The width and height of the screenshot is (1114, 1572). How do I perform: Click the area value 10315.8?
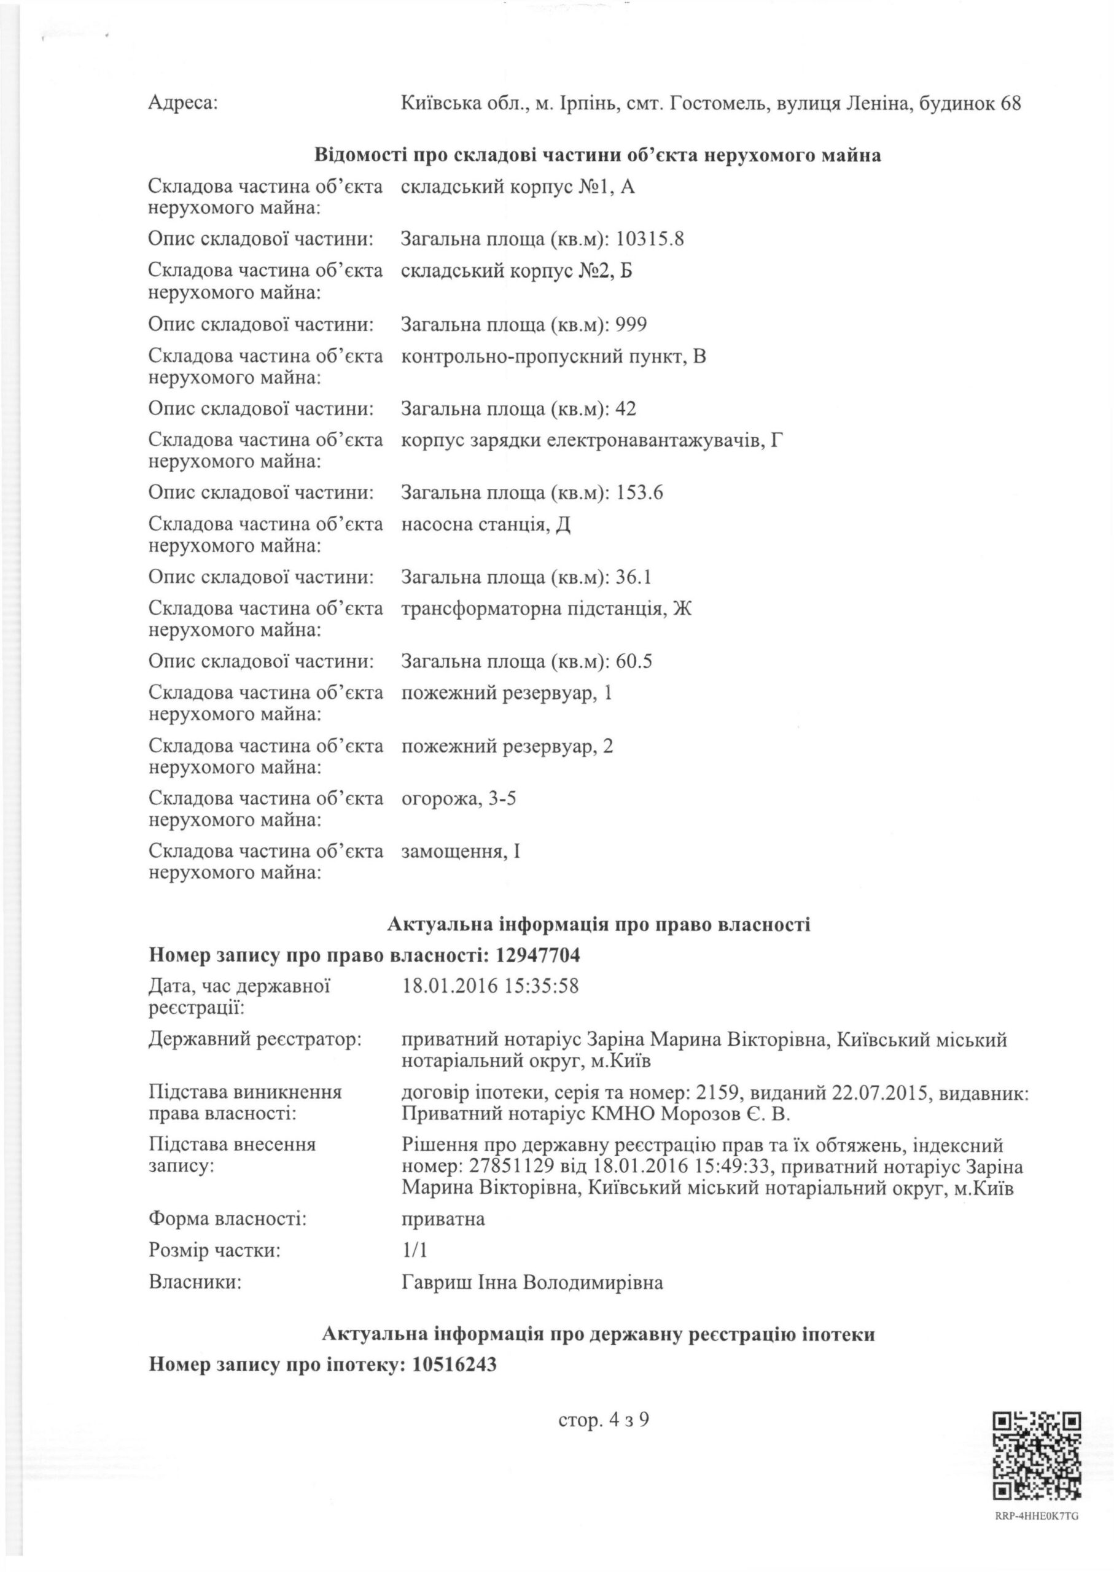(650, 239)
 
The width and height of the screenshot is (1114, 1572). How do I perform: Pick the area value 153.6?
(640, 492)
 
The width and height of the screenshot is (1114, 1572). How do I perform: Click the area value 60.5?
(634, 661)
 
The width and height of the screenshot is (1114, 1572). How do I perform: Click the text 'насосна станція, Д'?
(486, 524)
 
